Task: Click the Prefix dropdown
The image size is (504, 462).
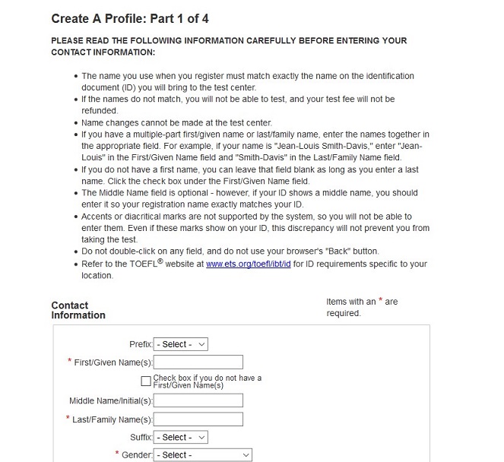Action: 180,344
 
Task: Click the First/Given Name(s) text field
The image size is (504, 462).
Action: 198,362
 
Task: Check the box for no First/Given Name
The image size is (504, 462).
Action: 146,381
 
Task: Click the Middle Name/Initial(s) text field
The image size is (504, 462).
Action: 198,400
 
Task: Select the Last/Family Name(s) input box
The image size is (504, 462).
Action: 198,419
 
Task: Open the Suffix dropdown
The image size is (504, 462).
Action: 180,437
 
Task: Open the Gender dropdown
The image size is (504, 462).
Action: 202,455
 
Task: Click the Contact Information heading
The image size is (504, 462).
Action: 78,310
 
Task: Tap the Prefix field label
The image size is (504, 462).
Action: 141,344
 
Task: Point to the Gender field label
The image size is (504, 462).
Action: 137,455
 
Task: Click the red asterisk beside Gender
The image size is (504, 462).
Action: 117,454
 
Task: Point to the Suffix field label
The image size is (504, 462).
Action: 141,437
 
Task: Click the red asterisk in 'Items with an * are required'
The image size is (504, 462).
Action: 379,301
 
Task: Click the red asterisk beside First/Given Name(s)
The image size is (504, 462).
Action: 70,362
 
